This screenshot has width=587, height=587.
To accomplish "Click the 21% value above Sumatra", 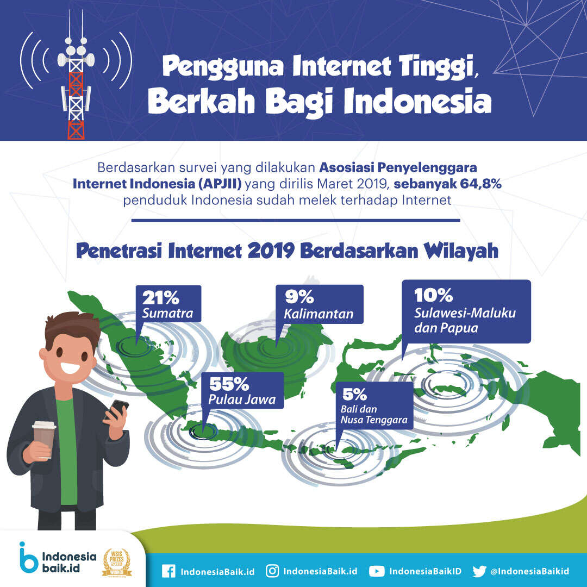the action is (x=160, y=298).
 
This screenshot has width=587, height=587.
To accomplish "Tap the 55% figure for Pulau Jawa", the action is (x=229, y=384).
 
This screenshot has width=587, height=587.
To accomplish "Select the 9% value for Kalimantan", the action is (x=299, y=297).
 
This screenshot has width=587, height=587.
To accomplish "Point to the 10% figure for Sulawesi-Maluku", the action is (x=434, y=295).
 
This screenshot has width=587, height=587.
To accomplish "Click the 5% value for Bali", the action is (x=354, y=394).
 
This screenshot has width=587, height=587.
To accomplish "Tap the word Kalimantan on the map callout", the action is (x=319, y=314).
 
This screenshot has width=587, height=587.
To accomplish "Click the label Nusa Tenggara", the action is (x=374, y=420).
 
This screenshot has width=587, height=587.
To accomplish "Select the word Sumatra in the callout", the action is (x=168, y=314).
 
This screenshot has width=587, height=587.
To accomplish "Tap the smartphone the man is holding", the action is (x=117, y=409).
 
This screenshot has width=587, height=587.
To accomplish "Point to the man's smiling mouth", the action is (x=70, y=368).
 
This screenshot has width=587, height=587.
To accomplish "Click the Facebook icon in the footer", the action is (x=169, y=571).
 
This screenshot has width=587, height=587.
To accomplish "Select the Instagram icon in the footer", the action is (x=272, y=571).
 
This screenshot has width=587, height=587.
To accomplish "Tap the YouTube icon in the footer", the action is (x=377, y=571).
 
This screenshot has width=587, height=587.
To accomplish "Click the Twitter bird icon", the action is (x=479, y=571).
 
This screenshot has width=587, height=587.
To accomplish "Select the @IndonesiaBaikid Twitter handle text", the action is (x=530, y=571).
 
